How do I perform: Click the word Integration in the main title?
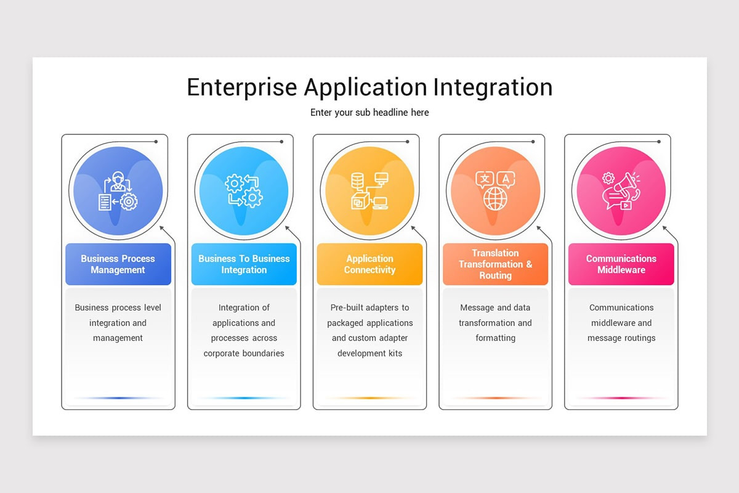tap(492, 88)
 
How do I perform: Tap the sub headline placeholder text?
tap(369, 113)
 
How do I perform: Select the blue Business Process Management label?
tap(118, 264)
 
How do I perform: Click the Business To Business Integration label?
tap(244, 264)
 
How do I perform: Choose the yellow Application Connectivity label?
tap(369, 264)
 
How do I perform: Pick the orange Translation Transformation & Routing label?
tap(495, 264)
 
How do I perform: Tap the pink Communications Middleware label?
tap(621, 264)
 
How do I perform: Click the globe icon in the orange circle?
tap(495, 199)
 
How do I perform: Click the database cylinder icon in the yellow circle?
tap(357, 181)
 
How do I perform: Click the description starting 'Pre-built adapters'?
tap(369, 330)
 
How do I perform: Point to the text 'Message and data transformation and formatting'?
tap(495, 323)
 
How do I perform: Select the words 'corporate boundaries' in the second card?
tap(244, 354)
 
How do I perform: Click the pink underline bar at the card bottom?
tap(621, 398)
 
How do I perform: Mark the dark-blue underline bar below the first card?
tap(118, 398)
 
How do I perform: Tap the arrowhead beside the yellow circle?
tap(413, 227)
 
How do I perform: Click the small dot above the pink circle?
tap(659, 142)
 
